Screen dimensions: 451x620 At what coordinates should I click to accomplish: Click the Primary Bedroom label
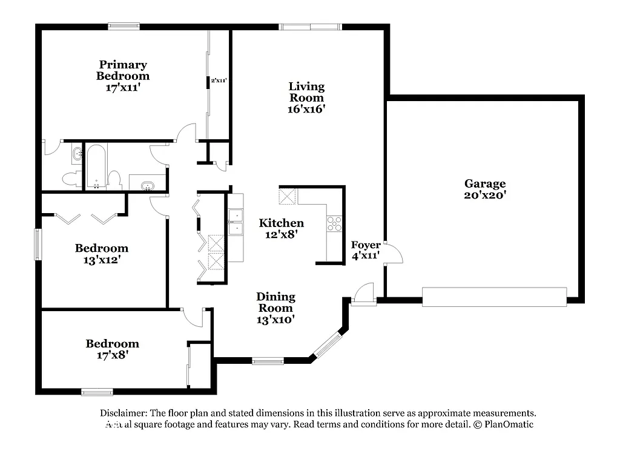[123, 76]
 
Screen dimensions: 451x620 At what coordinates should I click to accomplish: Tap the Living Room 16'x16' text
[306, 97]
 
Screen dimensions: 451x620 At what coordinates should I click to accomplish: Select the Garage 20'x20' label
[485, 189]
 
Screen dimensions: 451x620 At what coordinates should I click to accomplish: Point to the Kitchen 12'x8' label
[281, 228]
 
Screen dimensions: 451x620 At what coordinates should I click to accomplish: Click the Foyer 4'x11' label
[366, 249]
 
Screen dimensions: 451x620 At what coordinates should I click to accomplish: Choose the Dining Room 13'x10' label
[275, 308]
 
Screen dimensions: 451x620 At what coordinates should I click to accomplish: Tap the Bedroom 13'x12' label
[102, 254]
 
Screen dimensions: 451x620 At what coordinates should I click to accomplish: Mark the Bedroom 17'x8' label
[112, 349]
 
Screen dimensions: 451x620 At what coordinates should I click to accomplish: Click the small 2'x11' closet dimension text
[218, 81]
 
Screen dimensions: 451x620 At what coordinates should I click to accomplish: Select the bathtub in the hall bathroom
[96, 165]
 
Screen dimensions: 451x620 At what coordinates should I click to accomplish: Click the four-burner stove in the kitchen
[334, 223]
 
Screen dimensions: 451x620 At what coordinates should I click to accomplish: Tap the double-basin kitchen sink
[236, 222]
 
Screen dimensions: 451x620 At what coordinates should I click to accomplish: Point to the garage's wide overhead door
[494, 297]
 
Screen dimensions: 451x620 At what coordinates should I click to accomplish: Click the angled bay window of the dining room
[327, 345]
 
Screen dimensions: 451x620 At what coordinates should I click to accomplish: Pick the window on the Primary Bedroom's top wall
[124, 26]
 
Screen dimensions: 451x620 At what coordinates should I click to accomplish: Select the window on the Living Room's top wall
[310, 27]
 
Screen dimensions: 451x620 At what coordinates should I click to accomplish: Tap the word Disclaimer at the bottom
[124, 413]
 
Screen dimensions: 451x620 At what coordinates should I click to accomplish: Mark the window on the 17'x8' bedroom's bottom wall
[97, 392]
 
